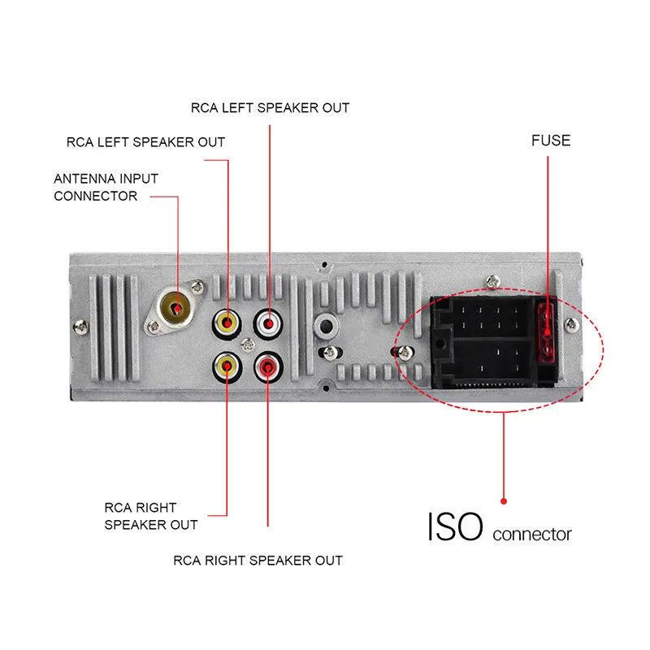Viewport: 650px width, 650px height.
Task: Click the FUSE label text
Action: pyautogui.click(x=551, y=141)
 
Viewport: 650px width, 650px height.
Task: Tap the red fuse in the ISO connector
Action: pyautogui.click(x=547, y=330)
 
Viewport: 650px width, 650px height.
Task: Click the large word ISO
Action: pyautogui.click(x=455, y=526)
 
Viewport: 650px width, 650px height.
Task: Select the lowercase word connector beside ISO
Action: pyautogui.click(x=532, y=534)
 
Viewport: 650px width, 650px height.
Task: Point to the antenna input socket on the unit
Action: pyautogui.click(x=175, y=308)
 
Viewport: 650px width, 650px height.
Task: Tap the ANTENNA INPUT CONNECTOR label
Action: pyautogui.click(x=106, y=187)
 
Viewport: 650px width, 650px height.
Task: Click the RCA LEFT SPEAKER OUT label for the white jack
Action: pyautogui.click(x=270, y=107)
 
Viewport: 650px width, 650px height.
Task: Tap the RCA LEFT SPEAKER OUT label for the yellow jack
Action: pyautogui.click(x=145, y=142)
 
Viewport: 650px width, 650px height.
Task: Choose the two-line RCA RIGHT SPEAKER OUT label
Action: pyautogui.click(x=150, y=516)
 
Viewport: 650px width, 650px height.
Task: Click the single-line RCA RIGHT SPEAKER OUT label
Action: pyautogui.click(x=258, y=560)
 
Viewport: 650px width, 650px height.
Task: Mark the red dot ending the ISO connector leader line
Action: pyautogui.click(x=504, y=500)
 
